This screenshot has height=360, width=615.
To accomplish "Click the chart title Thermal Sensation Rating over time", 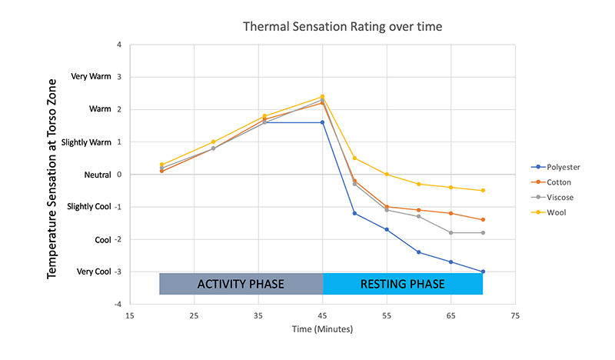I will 342,27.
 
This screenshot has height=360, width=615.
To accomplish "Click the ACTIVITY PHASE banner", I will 241,284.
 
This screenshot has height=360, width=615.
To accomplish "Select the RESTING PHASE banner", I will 402,284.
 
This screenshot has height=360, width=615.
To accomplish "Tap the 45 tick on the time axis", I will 322,315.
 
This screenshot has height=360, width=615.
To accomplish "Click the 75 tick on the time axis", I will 515,315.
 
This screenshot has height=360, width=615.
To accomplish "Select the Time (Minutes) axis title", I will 322,329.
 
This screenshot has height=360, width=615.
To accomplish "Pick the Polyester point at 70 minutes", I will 483,272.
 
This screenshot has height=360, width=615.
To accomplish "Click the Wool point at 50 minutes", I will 354,158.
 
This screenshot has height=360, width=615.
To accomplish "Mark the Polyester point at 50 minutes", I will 354,213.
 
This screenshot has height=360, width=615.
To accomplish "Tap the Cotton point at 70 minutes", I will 483,220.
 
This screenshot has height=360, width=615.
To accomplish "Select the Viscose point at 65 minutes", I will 450,232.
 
